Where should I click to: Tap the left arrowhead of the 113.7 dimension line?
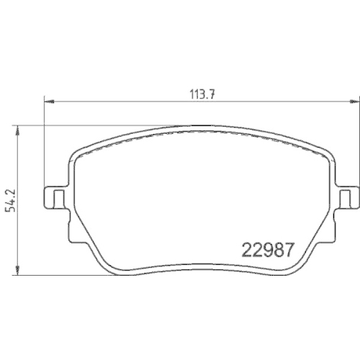48,100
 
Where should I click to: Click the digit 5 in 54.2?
8,210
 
